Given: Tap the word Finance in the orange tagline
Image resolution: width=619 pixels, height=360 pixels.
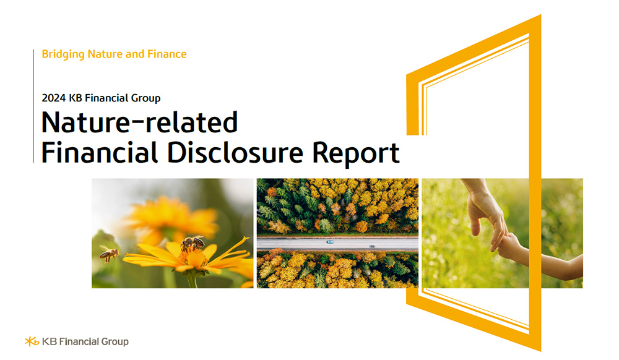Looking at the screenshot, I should click(x=167, y=54).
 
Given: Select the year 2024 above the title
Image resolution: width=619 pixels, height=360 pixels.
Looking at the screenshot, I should click(x=53, y=98).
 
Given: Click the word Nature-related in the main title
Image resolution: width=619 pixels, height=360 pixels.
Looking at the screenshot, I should click(x=139, y=122).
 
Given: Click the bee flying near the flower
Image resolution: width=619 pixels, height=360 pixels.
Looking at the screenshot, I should click(x=110, y=252).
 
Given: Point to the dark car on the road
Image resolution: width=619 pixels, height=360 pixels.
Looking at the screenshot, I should click(x=372, y=246).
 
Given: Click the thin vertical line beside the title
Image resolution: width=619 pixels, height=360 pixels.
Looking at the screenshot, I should click(x=33, y=105).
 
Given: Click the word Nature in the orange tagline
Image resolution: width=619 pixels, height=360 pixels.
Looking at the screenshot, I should click(x=105, y=54).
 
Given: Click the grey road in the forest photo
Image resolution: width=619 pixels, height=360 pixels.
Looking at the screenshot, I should click(x=297, y=244).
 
